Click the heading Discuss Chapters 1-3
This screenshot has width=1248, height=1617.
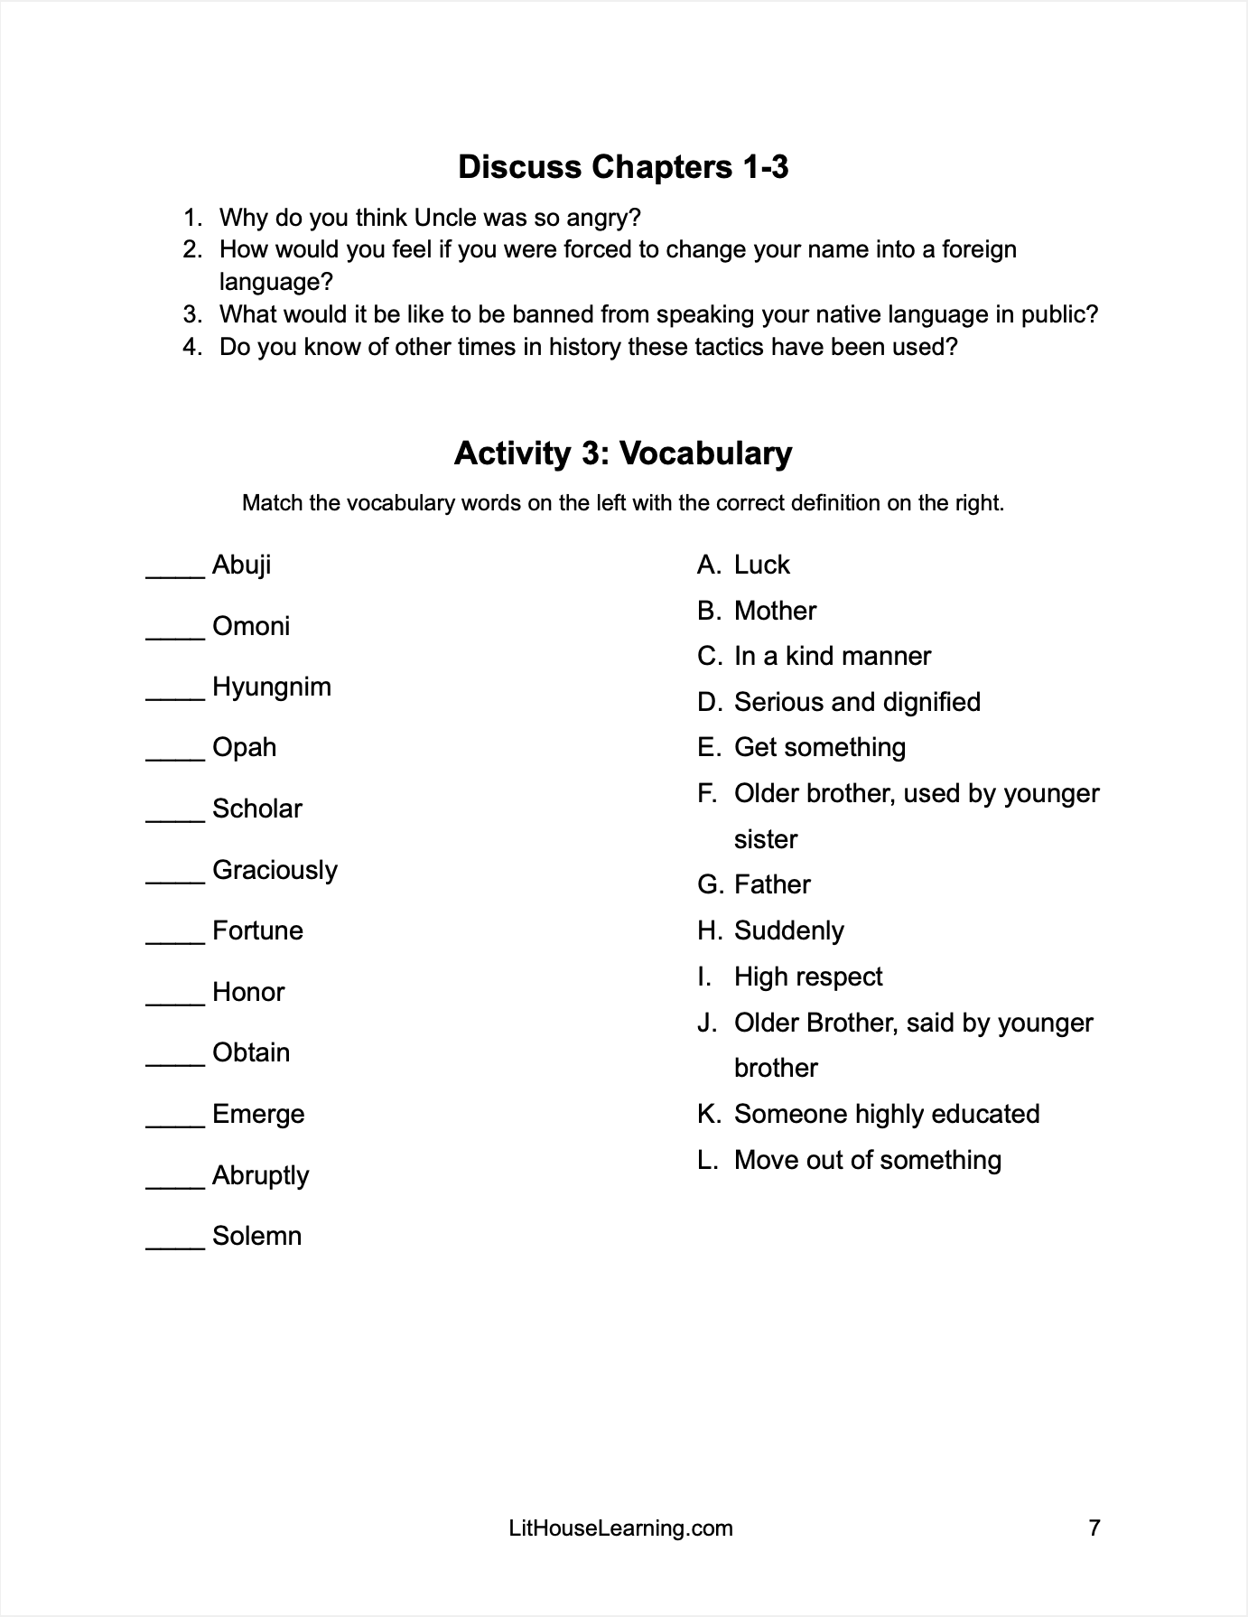[x=623, y=167]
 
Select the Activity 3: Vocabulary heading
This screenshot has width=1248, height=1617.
[x=623, y=453]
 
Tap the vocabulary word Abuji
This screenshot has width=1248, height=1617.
[x=241, y=565]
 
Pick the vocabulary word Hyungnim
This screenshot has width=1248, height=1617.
[x=272, y=687]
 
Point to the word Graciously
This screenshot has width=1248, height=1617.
[x=275, y=870]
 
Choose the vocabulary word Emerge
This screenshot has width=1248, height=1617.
[x=258, y=1114]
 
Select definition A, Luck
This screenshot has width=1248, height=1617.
[x=761, y=565]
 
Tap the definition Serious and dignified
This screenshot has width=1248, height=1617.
[x=857, y=702]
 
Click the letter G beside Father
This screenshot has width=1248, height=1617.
[x=709, y=884]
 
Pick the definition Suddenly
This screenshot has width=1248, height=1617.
[x=788, y=930]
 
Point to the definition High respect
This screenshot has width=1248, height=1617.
[x=808, y=977]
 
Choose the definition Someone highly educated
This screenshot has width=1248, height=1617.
[x=887, y=1114]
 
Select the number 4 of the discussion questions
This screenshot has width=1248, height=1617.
[x=191, y=347]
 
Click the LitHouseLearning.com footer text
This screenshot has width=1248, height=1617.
[x=621, y=1528]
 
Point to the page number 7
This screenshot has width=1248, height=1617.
[x=1094, y=1528]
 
